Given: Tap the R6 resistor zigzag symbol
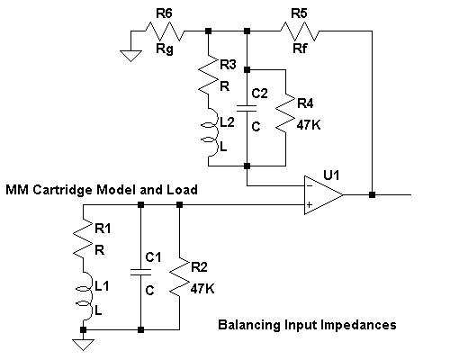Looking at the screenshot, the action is (165, 31).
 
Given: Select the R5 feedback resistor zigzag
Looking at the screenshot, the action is (300, 31).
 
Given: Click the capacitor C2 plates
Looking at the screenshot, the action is (247, 108).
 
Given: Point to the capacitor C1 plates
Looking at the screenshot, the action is (140, 272).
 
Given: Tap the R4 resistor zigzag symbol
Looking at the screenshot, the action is (285, 112).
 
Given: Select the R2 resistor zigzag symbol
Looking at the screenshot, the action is (179, 276).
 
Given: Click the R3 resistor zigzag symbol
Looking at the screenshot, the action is (208, 74).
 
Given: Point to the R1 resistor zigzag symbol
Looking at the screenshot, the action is (83, 238).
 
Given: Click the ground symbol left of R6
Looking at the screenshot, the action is (130, 56).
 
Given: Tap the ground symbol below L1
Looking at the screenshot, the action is (83, 345).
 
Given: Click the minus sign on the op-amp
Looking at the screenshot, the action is (310, 186).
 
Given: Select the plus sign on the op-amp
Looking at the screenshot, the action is (310, 204).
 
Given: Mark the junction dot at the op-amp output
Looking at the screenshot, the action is (372, 194).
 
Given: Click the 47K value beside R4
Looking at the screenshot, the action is (309, 124).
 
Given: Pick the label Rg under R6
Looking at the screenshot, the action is (165, 49).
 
